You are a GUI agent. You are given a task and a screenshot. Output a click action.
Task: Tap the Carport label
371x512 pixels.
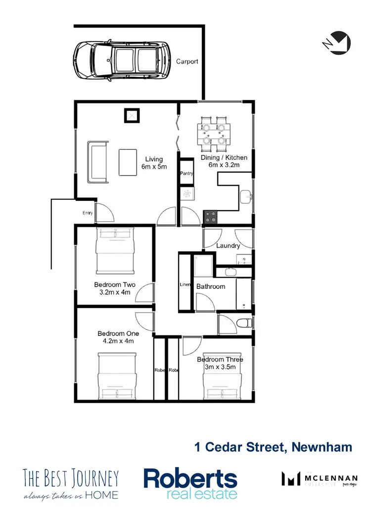[187, 62]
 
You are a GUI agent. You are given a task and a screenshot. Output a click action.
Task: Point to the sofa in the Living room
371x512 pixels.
[97, 161]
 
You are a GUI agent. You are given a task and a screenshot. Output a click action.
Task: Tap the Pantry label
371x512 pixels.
[187, 174]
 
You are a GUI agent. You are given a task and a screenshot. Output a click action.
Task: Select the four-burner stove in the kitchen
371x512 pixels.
[211, 217]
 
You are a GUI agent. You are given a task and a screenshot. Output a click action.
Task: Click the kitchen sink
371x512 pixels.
[247, 197]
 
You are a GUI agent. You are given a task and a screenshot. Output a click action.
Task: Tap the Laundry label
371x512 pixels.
[228, 245]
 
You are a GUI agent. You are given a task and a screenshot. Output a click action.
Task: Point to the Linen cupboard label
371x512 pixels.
[185, 285]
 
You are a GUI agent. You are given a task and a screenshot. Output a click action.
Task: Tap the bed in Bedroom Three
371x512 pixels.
[222, 381]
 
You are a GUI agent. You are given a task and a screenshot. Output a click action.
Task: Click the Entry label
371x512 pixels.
[88, 213]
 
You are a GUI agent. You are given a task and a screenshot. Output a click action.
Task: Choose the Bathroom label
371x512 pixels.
[211, 286]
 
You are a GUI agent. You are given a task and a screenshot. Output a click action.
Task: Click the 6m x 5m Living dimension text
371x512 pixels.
[154, 167]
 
